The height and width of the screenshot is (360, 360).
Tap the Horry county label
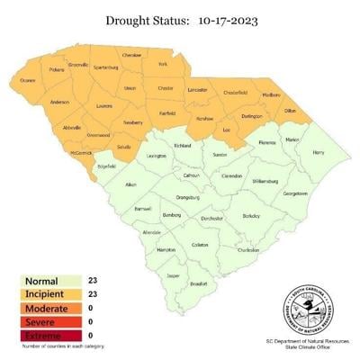coord(318,153)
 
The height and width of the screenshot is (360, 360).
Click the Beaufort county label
coord(200,283)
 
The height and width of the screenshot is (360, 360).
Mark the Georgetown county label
coord(295,193)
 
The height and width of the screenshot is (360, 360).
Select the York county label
coord(163,64)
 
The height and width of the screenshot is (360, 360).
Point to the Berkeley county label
coord(251,216)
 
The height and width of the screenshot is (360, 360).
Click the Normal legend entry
coord(40,281)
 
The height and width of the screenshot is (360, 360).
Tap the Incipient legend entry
coord(44,293)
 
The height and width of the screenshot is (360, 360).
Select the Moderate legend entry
coord(44,307)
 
